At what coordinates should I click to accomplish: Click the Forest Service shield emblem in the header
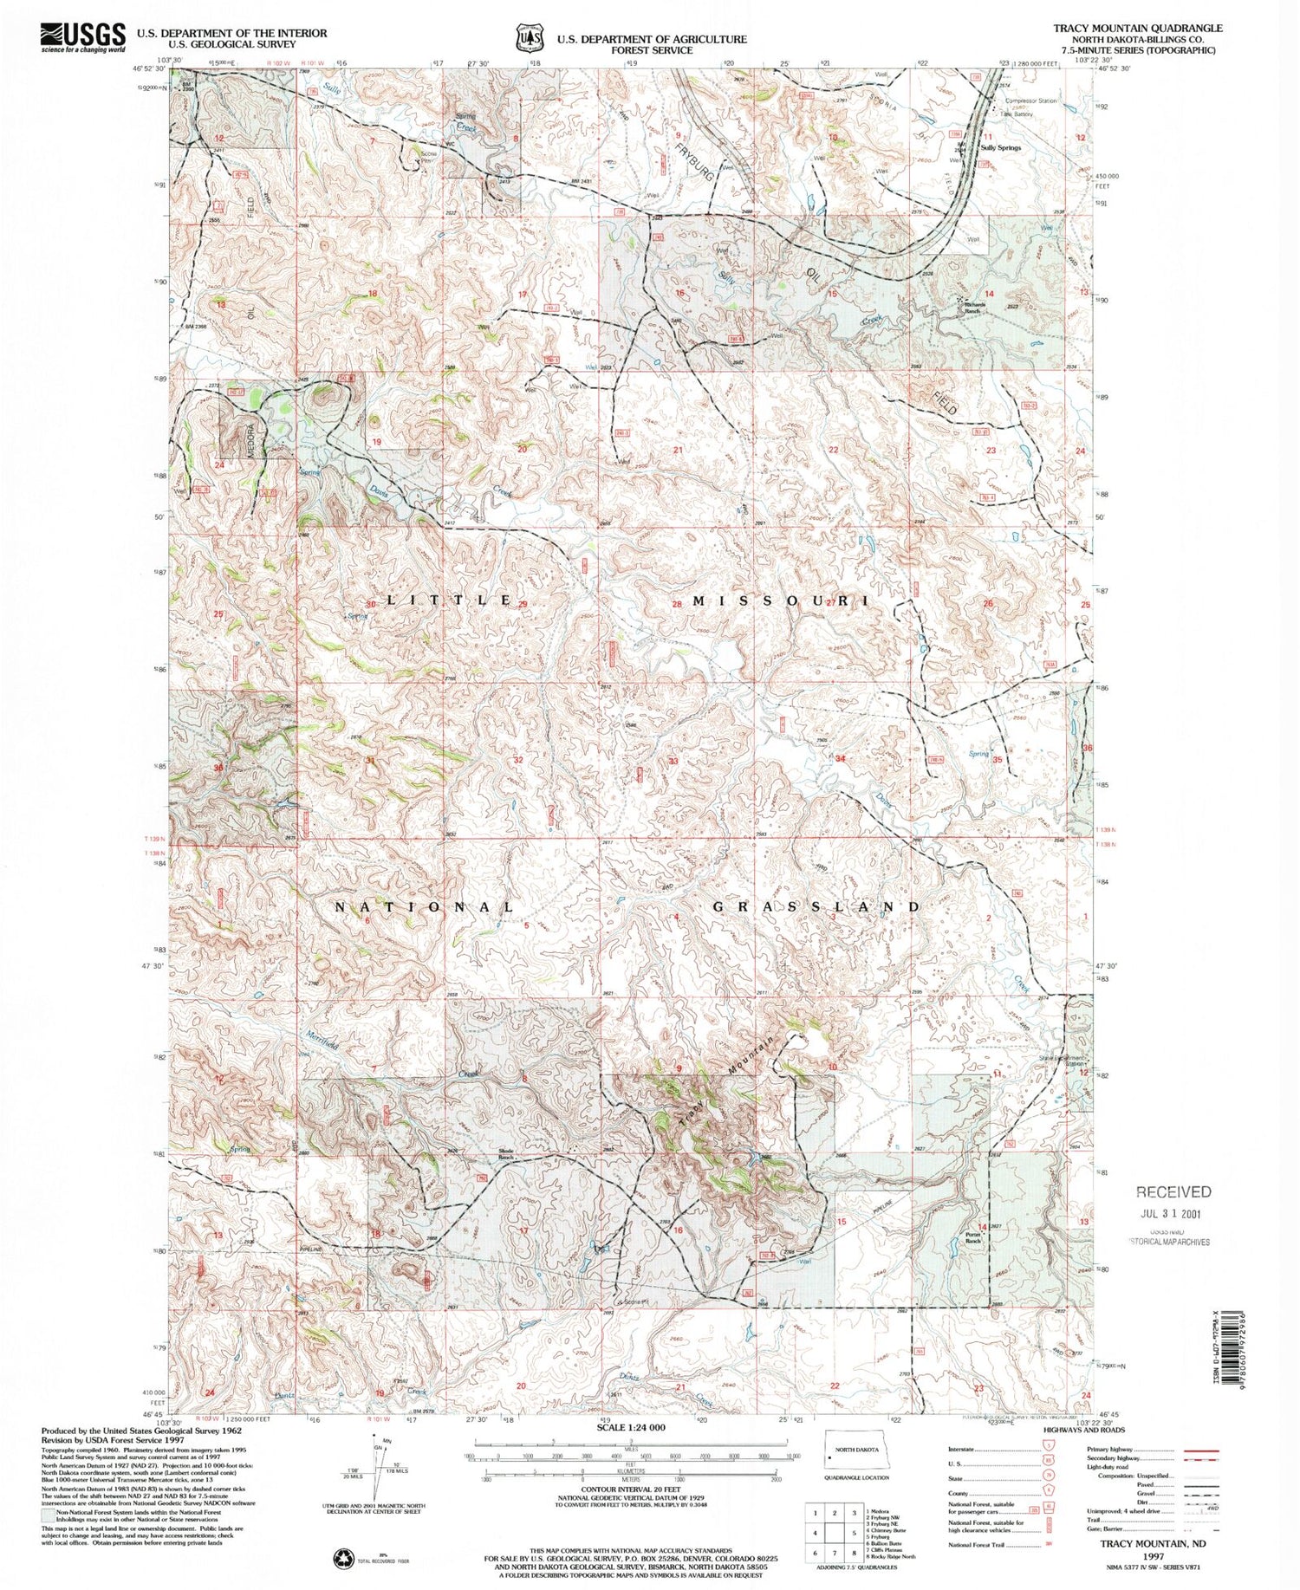pyautogui.click(x=529, y=39)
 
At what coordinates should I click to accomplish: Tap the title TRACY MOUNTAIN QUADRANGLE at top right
pyautogui.click(x=1137, y=28)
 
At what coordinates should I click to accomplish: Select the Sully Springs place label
pyautogui.click(x=1000, y=147)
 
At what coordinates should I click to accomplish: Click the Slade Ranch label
pyautogui.click(x=507, y=1154)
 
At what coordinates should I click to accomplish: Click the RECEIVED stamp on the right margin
pyautogui.click(x=1173, y=1191)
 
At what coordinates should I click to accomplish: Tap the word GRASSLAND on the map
pyautogui.click(x=816, y=906)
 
